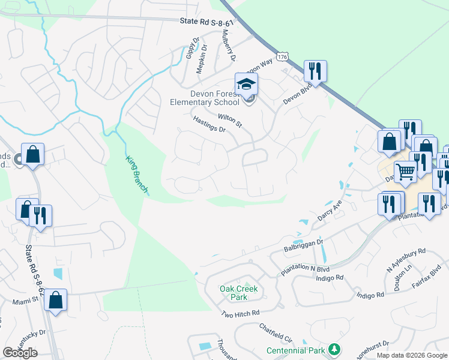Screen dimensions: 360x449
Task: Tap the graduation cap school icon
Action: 246,85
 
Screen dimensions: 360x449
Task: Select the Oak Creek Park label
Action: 238,293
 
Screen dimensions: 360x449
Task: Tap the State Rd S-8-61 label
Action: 206,22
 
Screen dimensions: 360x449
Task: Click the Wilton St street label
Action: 229,120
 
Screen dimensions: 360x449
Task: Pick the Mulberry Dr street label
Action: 230,46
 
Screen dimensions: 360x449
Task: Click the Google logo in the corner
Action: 20,353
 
